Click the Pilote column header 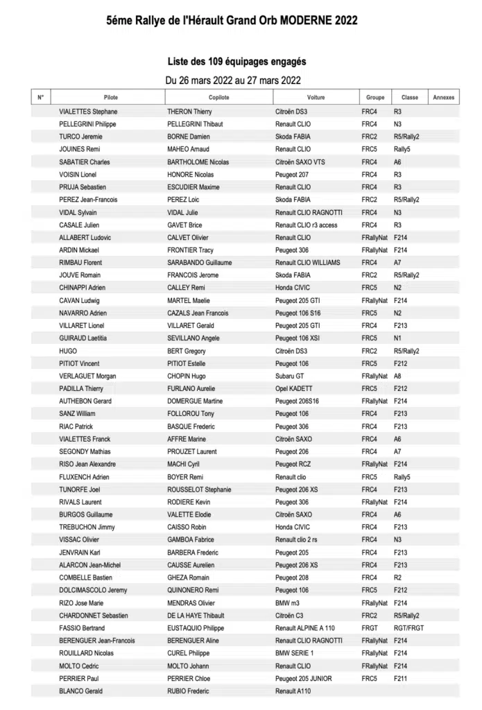(110, 98)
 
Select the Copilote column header (218, 98)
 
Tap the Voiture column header (316, 98)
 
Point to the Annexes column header (443, 98)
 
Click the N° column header (41, 98)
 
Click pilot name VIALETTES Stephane (88, 112)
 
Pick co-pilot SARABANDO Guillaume (199, 263)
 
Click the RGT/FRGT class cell (408, 628)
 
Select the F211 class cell (400, 679)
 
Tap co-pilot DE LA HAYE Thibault (196, 616)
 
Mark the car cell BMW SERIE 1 (295, 653)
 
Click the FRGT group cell (369, 628)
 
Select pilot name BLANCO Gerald (81, 691)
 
